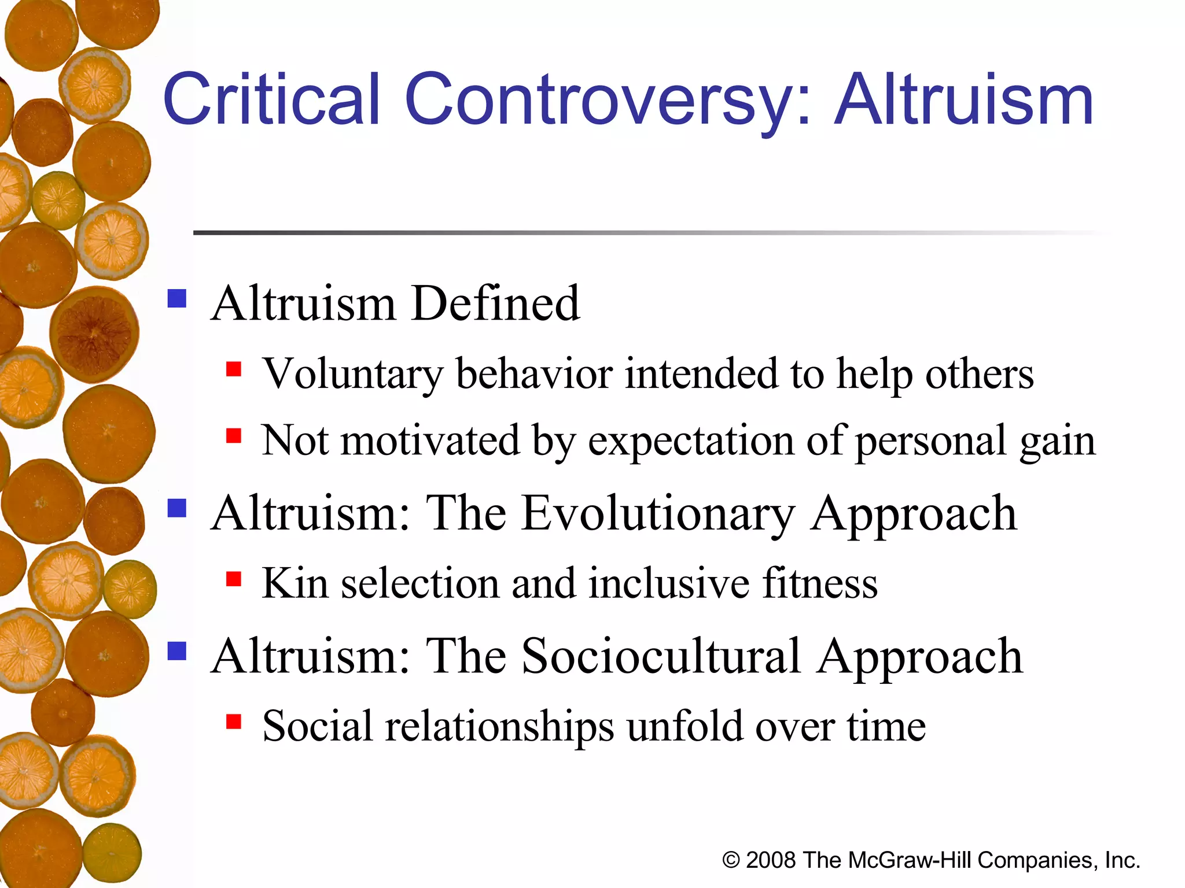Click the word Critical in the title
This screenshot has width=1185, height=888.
click(x=272, y=99)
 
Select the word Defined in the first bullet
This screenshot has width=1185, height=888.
click(x=495, y=304)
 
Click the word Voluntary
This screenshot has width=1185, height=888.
click(x=353, y=374)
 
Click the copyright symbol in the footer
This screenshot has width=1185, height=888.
click(x=731, y=860)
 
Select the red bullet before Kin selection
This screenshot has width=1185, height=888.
click(x=234, y=579)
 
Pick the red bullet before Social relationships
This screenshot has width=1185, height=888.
click(x=234, y=721)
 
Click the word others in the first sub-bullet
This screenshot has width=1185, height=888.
click(x=979, y=374)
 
